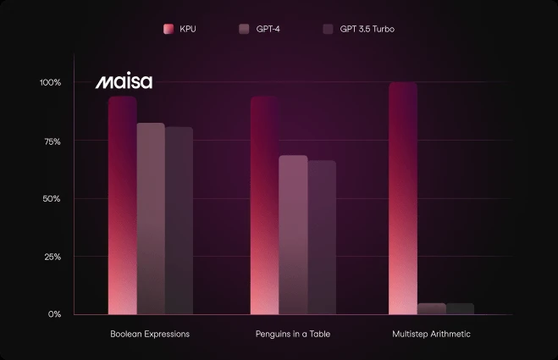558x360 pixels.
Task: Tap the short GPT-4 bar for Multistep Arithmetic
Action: (432, 309)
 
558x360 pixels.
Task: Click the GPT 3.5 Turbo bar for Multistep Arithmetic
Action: (460, 309)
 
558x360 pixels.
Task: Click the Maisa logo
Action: (124, 83)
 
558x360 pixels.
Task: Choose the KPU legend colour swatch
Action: (169, 30)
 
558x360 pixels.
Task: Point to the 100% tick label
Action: (50, 83)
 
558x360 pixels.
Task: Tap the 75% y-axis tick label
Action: (52, 141)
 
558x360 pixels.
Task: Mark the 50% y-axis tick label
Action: (52, 198)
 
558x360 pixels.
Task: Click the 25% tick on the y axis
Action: (52, 256)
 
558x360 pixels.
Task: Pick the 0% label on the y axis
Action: (54, 314)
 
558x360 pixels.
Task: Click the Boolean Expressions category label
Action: (150, 335)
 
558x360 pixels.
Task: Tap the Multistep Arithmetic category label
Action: (431, 335)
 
